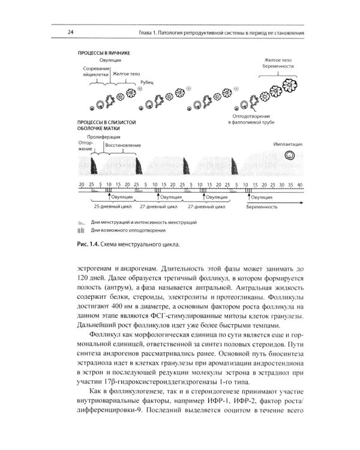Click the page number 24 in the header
point(70,32)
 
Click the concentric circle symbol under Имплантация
point(290,156)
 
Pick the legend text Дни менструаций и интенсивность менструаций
point(144,222)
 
